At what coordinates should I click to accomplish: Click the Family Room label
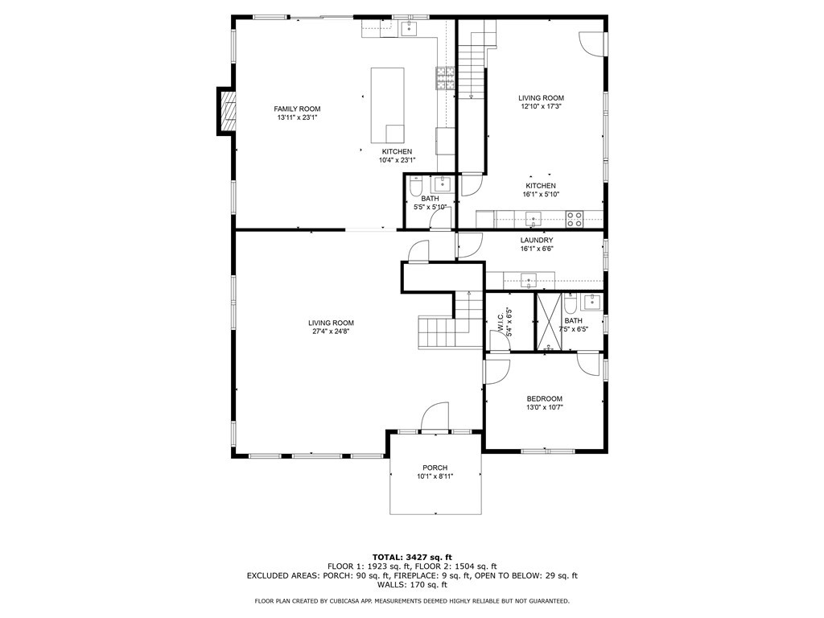pyautogui.click(x=297, y=109)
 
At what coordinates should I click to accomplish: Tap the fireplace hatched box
pyautogui.click(x=228, y=110)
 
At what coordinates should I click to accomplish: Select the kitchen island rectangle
pyautogui.click(x=388, y=105)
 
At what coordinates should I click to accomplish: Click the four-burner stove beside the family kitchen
pyautogui.click(x=445, y=79)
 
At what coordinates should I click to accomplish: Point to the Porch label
pyautogui.click(x=435, y=468)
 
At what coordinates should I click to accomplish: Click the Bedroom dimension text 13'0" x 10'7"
pyautogui.click(x=545, y=407)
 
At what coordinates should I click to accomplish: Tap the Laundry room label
pyautogui.click(x=537, y=240)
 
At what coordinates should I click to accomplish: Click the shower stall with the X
pyautogui.click(x=549, y=321)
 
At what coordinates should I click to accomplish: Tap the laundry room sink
pyautogui.click(x=528, y=280)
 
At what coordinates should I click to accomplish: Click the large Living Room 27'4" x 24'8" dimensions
pyautogui.click(x=331, y=332)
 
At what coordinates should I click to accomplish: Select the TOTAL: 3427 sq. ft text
pyautogui.click(x=412, y=557)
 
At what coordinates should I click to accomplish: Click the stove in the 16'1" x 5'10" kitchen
pyautogui.click(x=575, y=219)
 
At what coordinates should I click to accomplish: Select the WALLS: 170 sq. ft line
pyautogui.click(x=412, y=584)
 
